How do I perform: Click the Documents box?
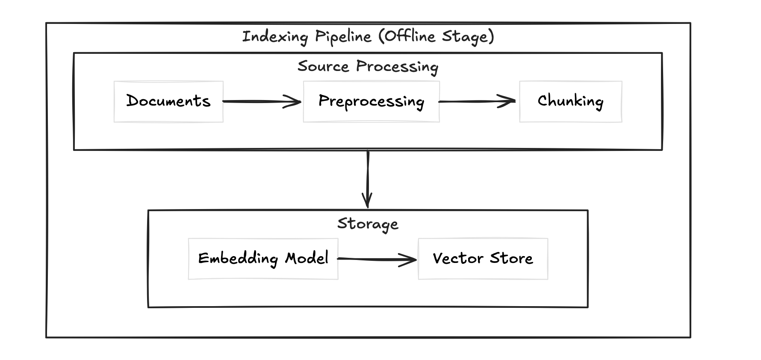[168, 101]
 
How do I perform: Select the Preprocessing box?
[371, 101]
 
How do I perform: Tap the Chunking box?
[570, 101]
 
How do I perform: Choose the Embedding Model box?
[263, 259]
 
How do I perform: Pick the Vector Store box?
[483, 259]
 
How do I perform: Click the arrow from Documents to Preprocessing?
[262, 101]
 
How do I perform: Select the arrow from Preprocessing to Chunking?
[477, 101]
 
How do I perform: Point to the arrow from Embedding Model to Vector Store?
[376, 259]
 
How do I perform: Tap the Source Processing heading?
[368, 67]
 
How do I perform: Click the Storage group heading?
[368, 224]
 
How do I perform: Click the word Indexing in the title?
[275, 37]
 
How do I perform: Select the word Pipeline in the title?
[343, 37]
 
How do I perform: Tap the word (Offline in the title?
[407, 37]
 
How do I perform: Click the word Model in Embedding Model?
[307, 258]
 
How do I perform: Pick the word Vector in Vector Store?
[458, 258]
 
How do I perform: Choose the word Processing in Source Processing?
[397, 67]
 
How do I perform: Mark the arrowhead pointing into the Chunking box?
[509, 101]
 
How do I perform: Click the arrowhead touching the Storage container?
[367, 201]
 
